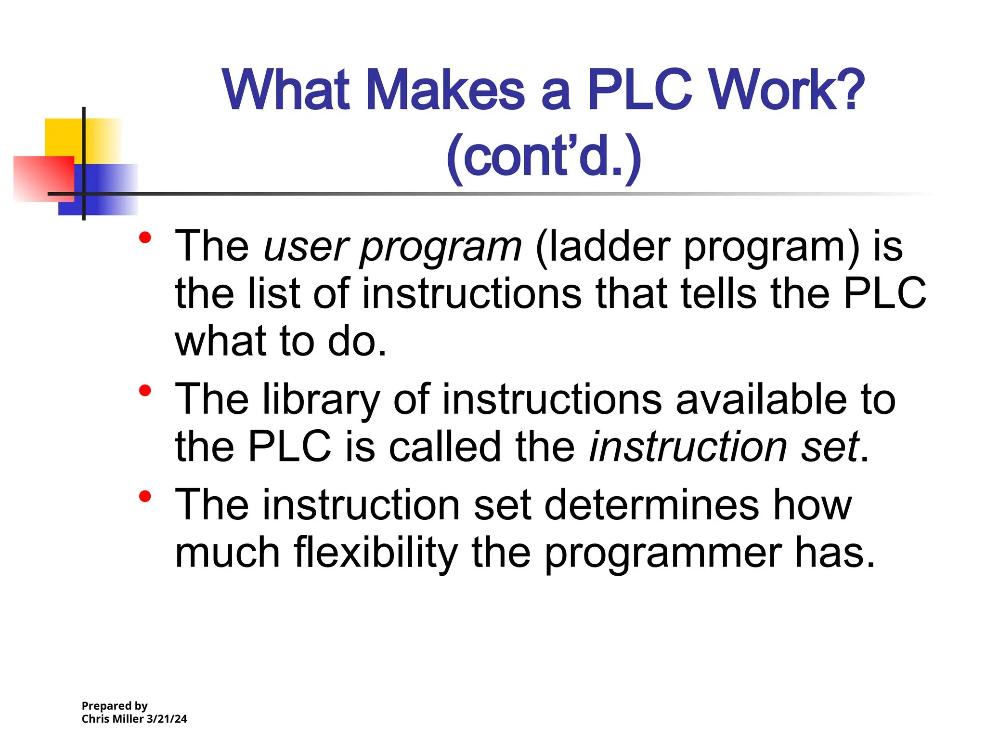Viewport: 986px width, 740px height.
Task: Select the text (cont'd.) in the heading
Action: click(x=544, y=157)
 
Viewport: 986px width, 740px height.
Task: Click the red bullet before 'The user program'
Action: click(x=145, y=238)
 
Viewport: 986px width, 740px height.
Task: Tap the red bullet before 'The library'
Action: click(x=145, y=391)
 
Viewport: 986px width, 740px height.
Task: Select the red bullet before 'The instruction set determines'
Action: click(x=145, y=496)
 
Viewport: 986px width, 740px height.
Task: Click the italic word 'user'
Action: click(x=306, y=247)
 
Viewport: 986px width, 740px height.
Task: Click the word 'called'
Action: click(x=445, y=447)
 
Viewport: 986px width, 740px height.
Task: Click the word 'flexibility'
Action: click(x=376, y=553)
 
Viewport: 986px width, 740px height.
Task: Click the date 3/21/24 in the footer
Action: click(x=167, y=719)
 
